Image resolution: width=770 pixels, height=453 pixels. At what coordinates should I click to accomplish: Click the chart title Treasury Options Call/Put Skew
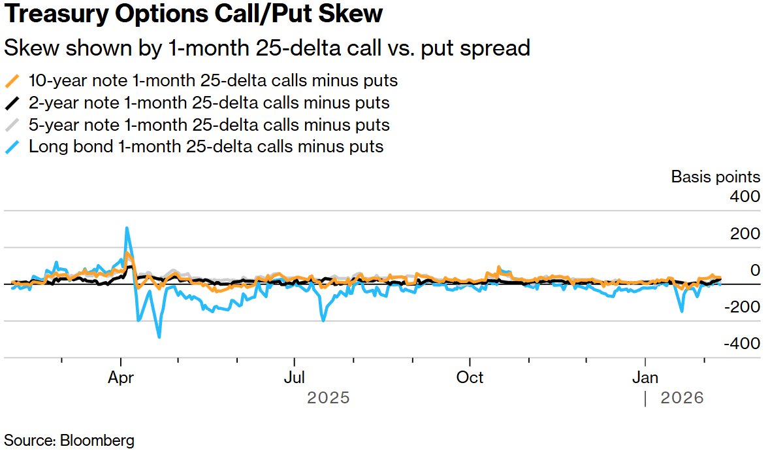point(193,14)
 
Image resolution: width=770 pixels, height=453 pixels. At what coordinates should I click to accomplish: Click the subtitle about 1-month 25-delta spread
point(266,48)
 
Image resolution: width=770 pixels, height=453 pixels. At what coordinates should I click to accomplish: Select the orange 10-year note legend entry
point(213,81)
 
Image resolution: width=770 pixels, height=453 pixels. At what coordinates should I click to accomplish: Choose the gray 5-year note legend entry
point(209,124)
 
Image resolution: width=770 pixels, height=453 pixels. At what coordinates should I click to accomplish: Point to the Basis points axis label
point(715,176)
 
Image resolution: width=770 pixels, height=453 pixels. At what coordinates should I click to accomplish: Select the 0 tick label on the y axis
point(754,270)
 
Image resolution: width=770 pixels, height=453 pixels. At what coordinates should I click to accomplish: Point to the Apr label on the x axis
point(121,377)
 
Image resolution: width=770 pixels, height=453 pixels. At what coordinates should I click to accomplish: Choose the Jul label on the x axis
point(295,377)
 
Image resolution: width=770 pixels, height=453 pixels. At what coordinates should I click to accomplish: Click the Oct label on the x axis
point(470,377)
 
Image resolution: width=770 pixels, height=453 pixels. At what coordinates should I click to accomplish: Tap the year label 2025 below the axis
point(329,398)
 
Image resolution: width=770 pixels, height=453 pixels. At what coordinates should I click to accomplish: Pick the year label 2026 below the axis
point(682,398)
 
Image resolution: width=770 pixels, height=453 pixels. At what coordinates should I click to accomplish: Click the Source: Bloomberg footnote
point(69,440)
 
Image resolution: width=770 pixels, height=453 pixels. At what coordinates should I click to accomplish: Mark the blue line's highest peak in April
point(127,228)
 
